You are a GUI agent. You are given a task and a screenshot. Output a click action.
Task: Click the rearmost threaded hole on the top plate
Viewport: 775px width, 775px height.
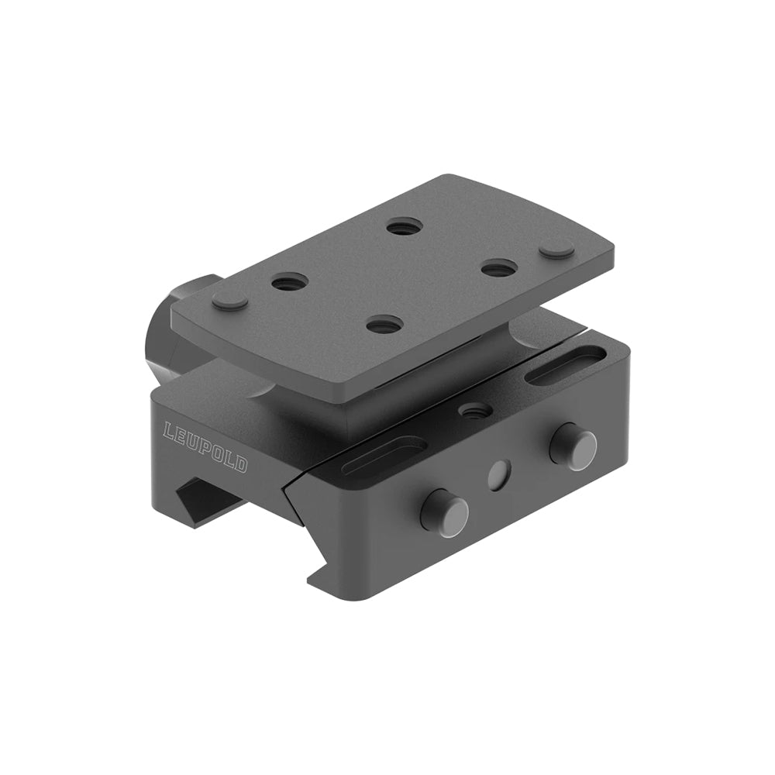point(404,227)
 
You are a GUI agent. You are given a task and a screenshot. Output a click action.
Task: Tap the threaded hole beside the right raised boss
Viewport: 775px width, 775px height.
point(499,268)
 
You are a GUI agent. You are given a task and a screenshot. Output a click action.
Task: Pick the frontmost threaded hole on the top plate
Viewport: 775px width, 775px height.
point(384,325)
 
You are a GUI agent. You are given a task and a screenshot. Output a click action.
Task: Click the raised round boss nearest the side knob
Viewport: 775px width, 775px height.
point(230,301)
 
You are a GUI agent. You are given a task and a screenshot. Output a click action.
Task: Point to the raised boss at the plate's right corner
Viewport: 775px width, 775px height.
point(556,250)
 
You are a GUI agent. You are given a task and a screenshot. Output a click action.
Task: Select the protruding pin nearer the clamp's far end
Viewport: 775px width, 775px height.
point(573,447)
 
